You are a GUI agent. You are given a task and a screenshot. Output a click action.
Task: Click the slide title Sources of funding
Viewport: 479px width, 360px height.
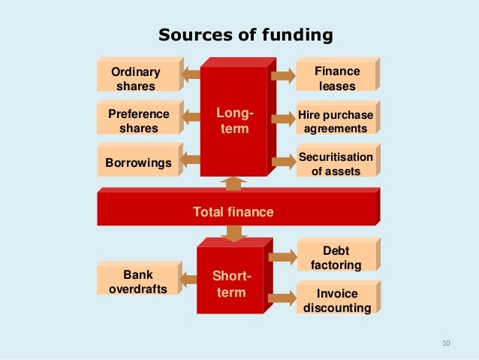pyautogui.click(x=245, y=35)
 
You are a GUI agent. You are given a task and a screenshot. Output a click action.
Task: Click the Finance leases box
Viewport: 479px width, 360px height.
pyautogui.click(x=336, y=78)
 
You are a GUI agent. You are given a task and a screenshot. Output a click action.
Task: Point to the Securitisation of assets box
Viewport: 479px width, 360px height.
pyautogui.click(x=335, y=164)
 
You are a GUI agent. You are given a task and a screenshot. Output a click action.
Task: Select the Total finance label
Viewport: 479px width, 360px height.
pyautogui.click(x=233, y=213)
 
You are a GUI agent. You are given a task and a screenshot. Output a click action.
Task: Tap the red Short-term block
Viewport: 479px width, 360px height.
pyautogui.click(x=230, y=285)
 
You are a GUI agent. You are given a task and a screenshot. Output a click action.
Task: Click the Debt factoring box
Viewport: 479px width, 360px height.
pyautogui.click(x=335, y=258)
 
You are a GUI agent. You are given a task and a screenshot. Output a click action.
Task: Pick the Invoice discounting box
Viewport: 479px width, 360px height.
pyautogui.click(x=336, y=301)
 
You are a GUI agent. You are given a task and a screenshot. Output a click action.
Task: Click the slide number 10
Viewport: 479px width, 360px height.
pyautogui.click(x=446, y=343)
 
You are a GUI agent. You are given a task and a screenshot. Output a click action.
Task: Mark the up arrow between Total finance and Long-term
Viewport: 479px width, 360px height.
pyautogui.click(x=234, y=184)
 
